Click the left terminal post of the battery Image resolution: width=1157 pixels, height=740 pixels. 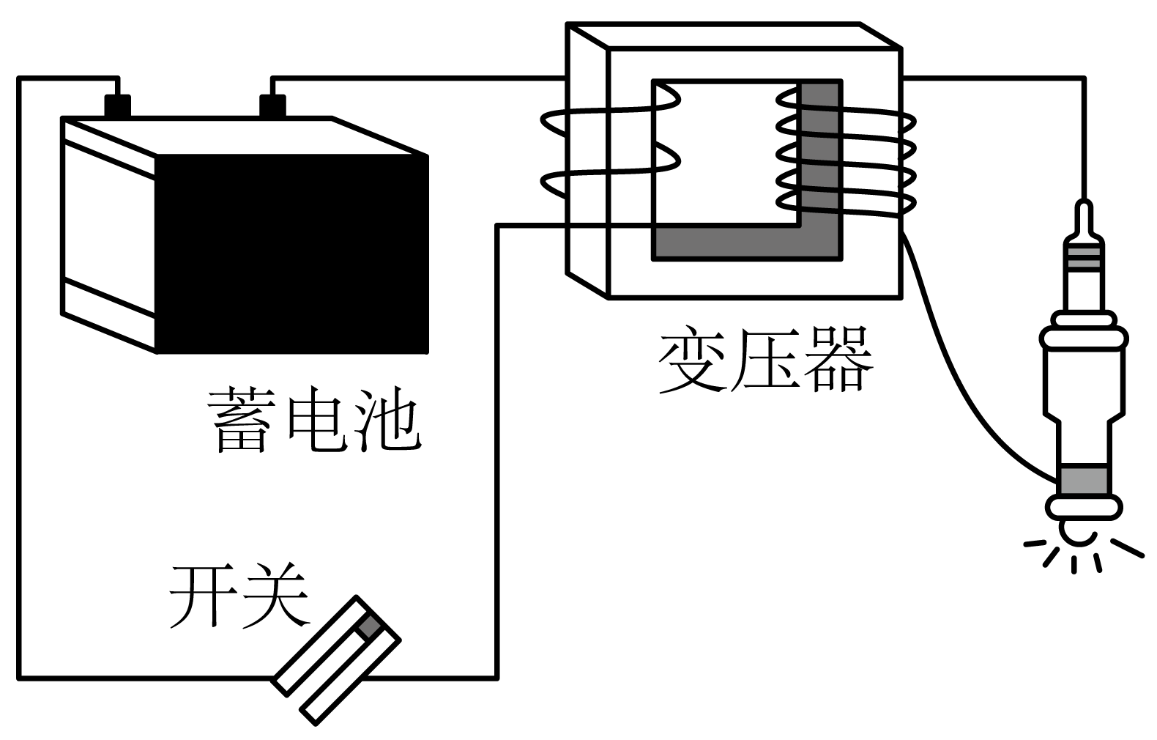(117, 106)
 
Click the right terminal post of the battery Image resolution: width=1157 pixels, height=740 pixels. (272, 106)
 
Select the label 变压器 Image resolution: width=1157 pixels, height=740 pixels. (766, 360)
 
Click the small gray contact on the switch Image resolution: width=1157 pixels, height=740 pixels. (370, 626)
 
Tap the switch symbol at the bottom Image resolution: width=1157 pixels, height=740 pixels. (337, 659)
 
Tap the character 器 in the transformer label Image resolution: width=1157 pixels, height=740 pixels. (839, 360)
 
